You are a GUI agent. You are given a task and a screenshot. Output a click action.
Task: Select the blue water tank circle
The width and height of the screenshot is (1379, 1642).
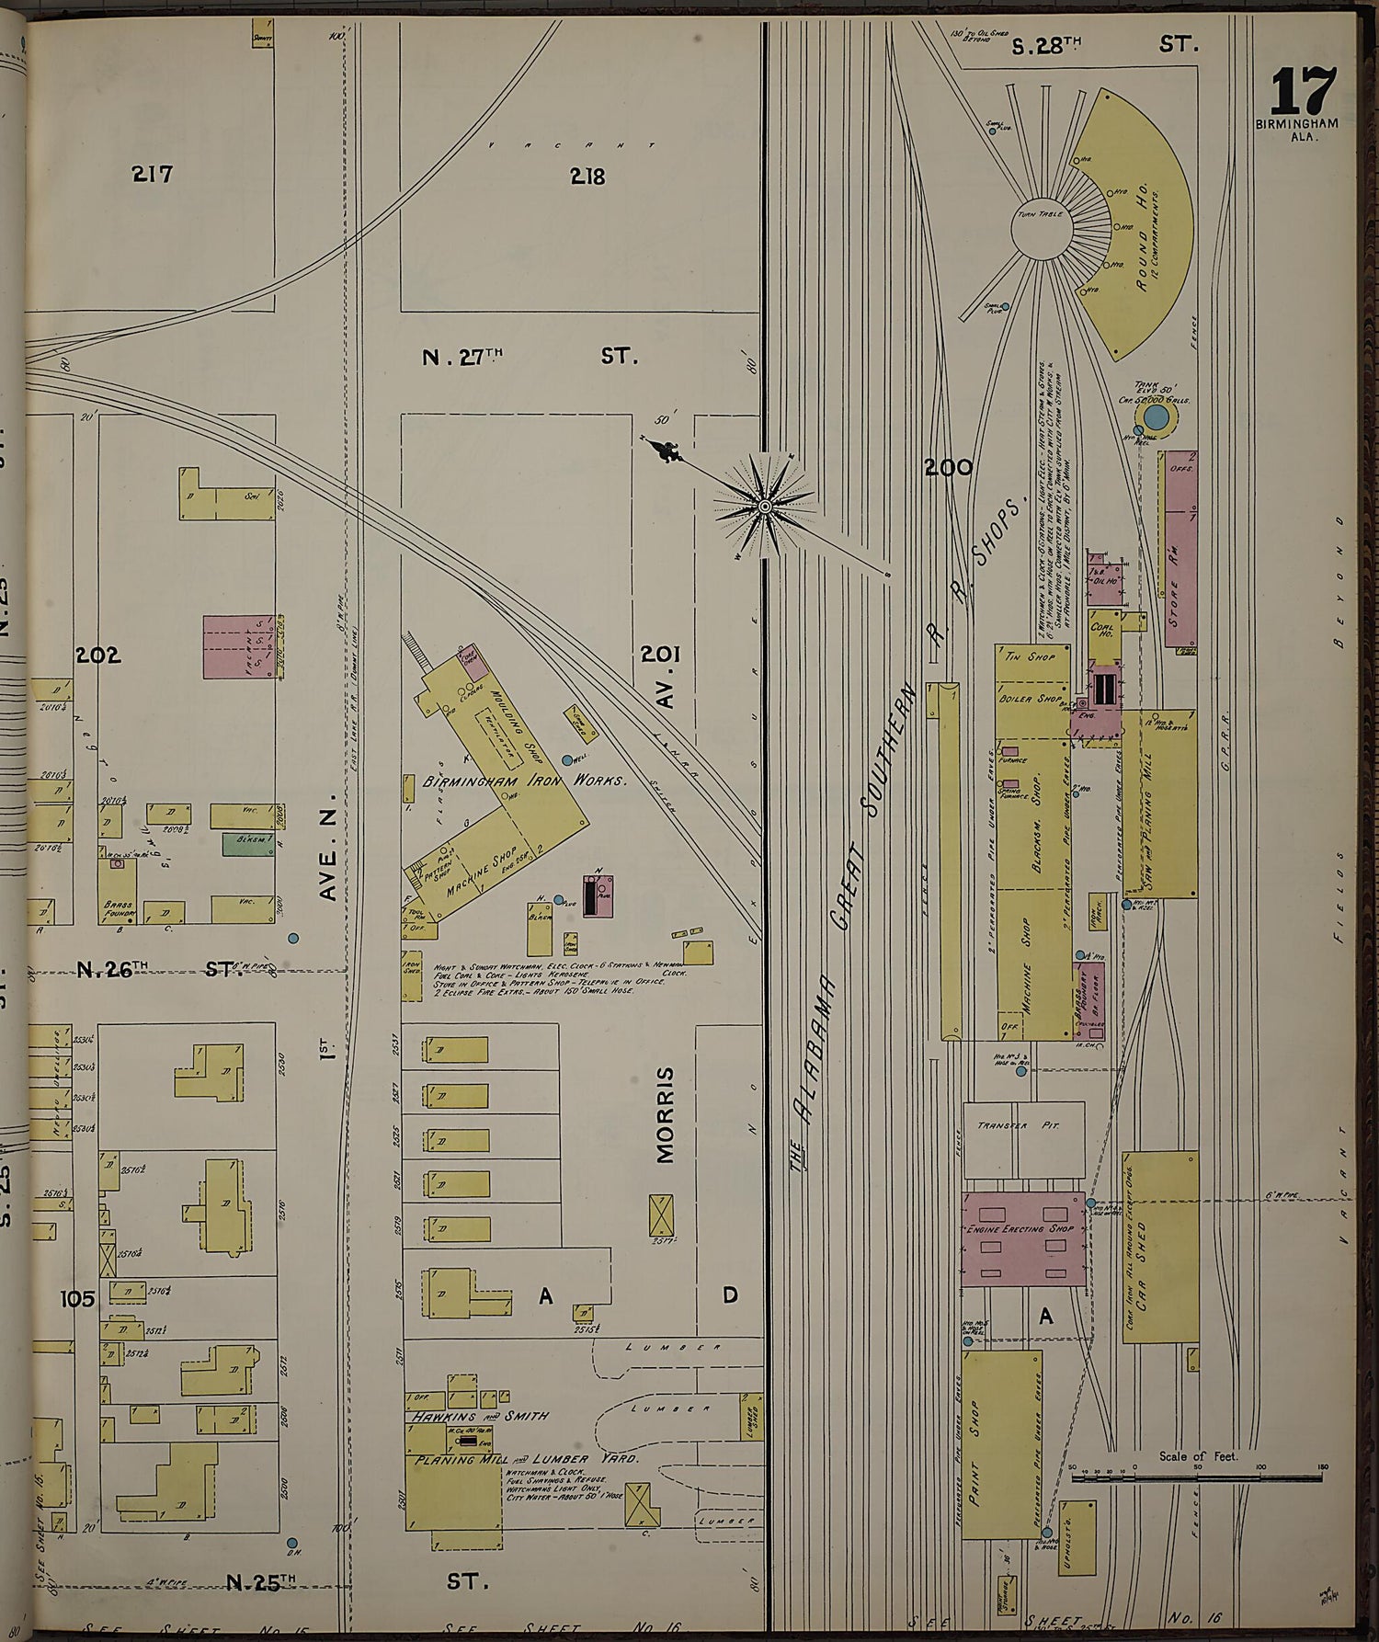pyautogui.click(x=1157, y=419)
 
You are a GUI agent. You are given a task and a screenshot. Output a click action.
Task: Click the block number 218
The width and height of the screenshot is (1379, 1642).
pyautogui.click(x=587, y=176)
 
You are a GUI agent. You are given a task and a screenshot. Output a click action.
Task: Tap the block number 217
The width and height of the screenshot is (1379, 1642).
pyautogui.click(x=152, y=173)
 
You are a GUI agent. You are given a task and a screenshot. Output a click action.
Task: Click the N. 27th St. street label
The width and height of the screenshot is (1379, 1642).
pyautogui.click(x=529, y=357)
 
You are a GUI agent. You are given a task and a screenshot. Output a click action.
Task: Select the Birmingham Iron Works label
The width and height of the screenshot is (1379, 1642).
pyautogui.click(x=524, y=781)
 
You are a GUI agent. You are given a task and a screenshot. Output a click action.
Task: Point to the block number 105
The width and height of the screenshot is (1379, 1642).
pyautogui.click(x=78, y=1298)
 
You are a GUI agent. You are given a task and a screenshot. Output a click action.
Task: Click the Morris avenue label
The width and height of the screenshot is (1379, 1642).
pyautogui.click(x=667, y=1114)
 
